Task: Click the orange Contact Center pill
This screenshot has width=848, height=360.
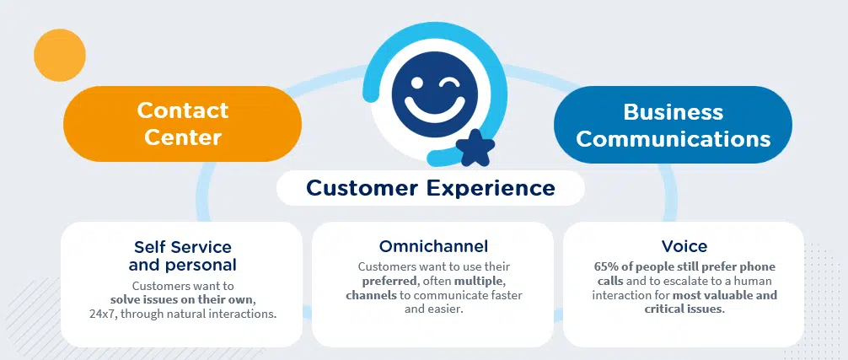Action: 182,124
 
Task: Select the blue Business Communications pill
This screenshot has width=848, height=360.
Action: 673,125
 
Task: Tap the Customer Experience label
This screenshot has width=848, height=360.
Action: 430,187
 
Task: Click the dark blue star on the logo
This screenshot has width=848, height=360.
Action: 475,150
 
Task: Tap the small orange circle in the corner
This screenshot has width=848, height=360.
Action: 60,56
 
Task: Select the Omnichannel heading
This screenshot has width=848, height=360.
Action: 433,246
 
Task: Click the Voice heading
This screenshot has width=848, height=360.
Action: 684,246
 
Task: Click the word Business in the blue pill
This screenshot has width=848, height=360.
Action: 673,112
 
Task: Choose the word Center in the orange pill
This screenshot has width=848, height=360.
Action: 182,137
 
